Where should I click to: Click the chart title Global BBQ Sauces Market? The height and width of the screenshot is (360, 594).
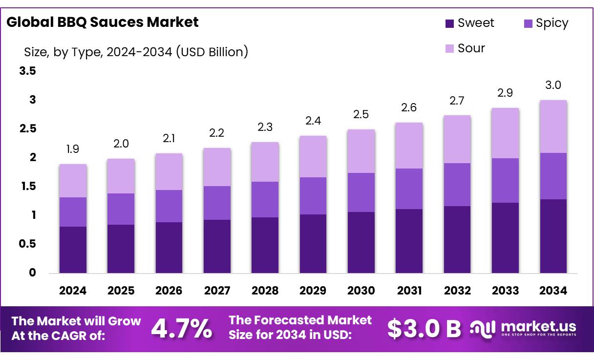103,22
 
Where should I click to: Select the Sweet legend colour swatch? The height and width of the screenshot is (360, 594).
449,23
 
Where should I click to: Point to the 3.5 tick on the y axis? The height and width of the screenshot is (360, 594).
27,71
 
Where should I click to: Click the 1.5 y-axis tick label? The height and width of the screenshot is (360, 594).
27,186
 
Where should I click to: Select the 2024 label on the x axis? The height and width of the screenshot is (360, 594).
73,291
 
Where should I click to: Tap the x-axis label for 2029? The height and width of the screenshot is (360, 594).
313,291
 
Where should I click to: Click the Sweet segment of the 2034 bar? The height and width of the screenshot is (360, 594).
553,236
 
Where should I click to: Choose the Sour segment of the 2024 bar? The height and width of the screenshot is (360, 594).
73,181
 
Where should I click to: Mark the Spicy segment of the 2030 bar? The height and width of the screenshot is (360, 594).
361,192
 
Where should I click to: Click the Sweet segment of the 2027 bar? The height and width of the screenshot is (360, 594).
217,246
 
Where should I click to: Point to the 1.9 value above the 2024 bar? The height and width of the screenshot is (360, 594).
73,148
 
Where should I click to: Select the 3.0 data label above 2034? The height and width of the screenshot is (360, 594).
553,85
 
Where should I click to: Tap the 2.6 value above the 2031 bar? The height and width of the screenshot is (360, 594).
409,107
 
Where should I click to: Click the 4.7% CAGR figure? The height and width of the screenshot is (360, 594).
181,328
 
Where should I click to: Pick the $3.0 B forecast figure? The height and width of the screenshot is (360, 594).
424,329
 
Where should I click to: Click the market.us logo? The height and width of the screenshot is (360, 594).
523,328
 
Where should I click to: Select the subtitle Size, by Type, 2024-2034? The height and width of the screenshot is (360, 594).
136,51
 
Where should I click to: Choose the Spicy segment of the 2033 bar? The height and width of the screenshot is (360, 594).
505,180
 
